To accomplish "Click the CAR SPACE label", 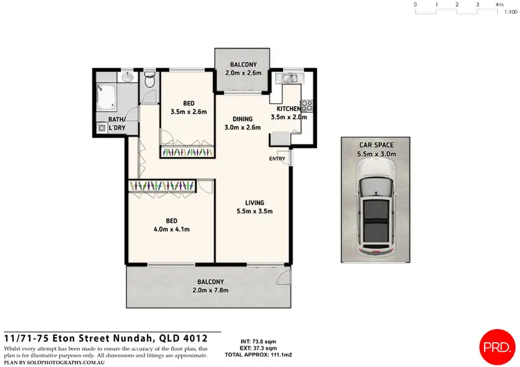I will click(x=376, y=145).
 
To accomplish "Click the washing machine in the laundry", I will click(x=102, y=128).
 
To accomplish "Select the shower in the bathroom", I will click(x=108, y=97).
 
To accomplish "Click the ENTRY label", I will click(x=277, y=159).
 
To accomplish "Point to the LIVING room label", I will click(x=250, y=202).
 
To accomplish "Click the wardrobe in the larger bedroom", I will click(x=162, y=186).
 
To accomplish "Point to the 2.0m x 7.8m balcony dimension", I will click(x=210, y=290).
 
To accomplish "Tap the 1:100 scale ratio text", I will click(x=512, y=12).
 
